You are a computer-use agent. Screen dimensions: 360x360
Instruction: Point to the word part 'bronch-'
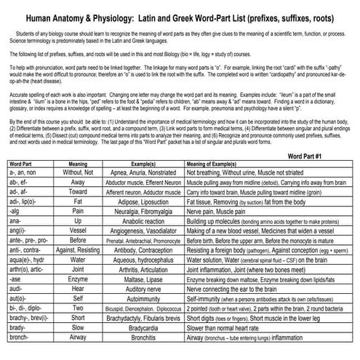tap(20, 338)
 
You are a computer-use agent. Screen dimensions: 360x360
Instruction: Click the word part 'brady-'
tap(17, 328)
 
